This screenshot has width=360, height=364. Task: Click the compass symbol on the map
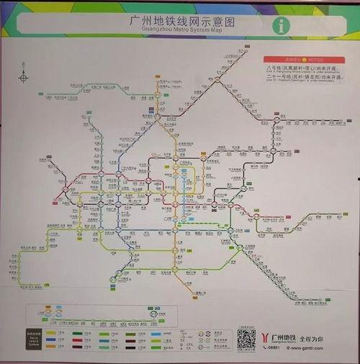(24, 78)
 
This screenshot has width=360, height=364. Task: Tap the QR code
(247, 338)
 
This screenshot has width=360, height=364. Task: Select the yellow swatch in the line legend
(53, 333)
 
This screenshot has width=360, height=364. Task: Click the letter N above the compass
(24, 69)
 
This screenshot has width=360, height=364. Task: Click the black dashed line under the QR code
(247, 352)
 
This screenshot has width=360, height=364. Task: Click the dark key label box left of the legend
(33, 341)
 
